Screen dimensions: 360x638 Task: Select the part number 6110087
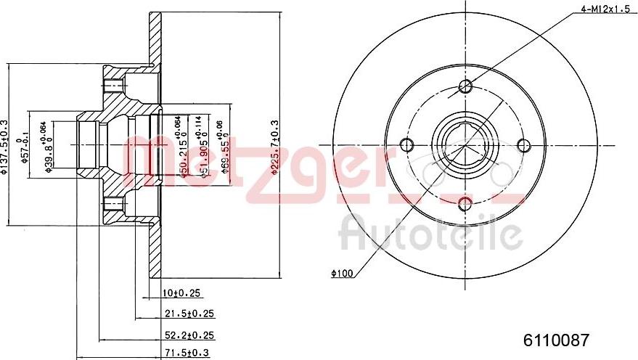pos(557,339)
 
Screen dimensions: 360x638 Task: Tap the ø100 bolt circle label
pos(341,274)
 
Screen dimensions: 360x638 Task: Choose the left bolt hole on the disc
pos(407,145)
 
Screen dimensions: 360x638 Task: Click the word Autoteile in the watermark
pos(431,234)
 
